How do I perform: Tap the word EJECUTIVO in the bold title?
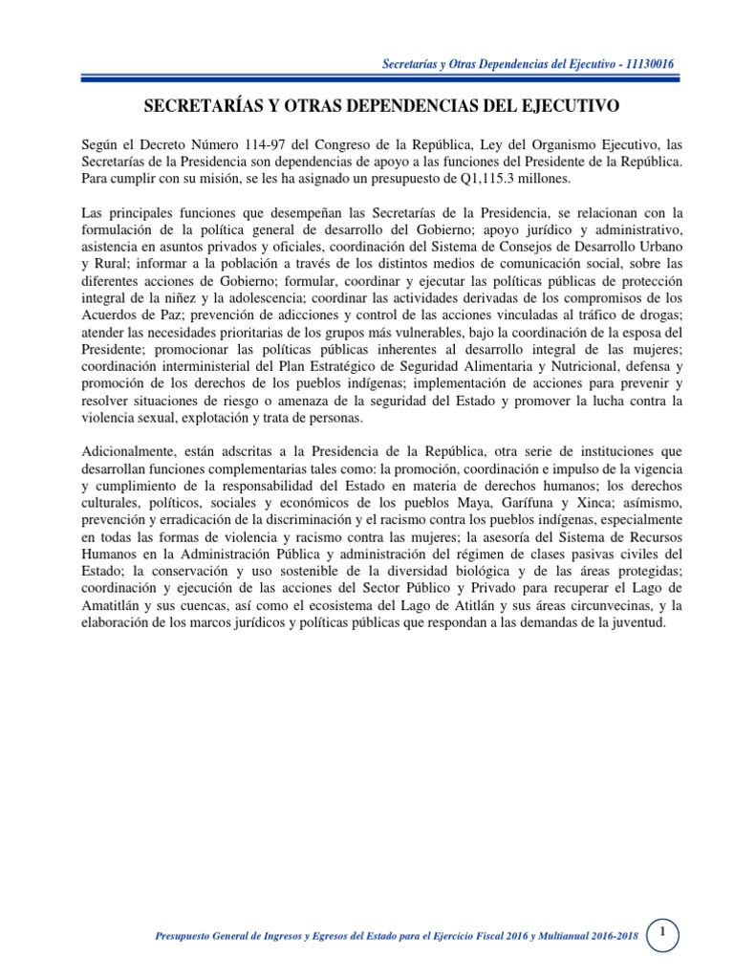pos(563,103)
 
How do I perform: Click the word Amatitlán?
pos(117,605)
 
